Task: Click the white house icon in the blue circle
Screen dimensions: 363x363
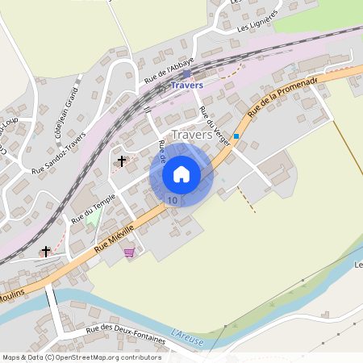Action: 181,174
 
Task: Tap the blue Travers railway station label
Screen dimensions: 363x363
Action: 186,84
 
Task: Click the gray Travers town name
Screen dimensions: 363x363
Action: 193,135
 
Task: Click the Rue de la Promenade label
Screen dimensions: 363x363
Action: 284,96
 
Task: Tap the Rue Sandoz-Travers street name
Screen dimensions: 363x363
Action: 58,159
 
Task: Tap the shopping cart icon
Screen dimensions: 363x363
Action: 129,252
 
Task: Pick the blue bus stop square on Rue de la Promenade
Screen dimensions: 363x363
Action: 236,136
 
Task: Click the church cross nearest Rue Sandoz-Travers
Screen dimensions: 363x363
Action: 122,161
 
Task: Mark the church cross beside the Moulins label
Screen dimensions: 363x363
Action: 45,252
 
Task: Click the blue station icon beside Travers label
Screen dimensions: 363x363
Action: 186,73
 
